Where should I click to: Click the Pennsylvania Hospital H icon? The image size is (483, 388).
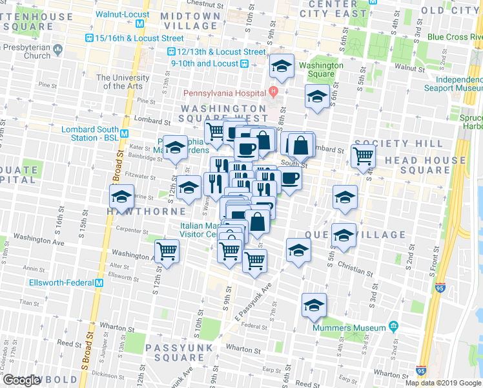273,90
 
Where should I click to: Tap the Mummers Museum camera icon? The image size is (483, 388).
392,327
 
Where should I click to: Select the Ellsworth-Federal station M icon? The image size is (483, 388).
99,283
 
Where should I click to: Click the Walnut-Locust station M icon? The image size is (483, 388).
149,14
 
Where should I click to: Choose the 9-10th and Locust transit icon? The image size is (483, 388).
245,63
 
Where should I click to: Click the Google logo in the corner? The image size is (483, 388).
21,380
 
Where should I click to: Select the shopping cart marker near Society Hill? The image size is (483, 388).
364,155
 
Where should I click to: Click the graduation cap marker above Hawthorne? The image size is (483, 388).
121,195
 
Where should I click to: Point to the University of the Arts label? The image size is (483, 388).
123,82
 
